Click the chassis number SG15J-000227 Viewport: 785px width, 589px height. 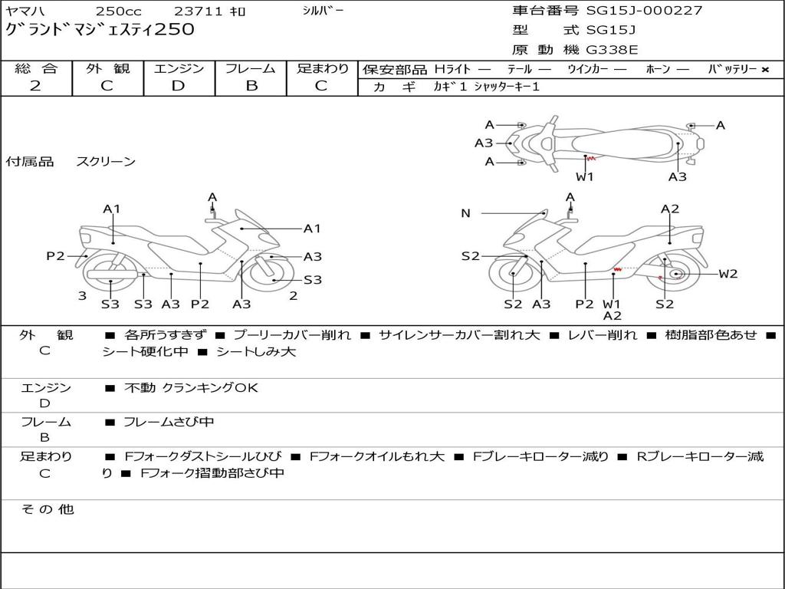(x=644, y=11)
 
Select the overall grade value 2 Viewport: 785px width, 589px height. (x=35, y=86)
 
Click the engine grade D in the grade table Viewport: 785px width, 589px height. (x=178, y=86)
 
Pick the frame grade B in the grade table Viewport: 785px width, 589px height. (x=251, y=86)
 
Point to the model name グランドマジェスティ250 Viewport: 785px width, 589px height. (x=100, y=29)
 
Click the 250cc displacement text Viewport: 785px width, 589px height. (x=119, y=11)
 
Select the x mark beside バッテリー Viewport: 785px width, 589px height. (x=765, y=70)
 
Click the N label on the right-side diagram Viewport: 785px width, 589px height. (x=465, y=213)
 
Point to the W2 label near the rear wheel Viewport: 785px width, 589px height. (x=728, y=274)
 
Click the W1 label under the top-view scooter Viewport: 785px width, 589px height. (x=584, y=176)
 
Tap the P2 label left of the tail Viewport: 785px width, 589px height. (x=55, y=256)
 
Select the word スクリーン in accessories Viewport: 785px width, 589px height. (x=106, y=162)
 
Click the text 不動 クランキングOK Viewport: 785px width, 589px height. (x=191, y=387)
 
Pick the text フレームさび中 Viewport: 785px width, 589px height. (x=169, y=423)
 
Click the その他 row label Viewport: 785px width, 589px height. (x=48, y=509)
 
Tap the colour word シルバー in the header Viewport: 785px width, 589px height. (x=323, y=11)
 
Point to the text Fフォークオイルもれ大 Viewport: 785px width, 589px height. (x=377, y=456)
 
